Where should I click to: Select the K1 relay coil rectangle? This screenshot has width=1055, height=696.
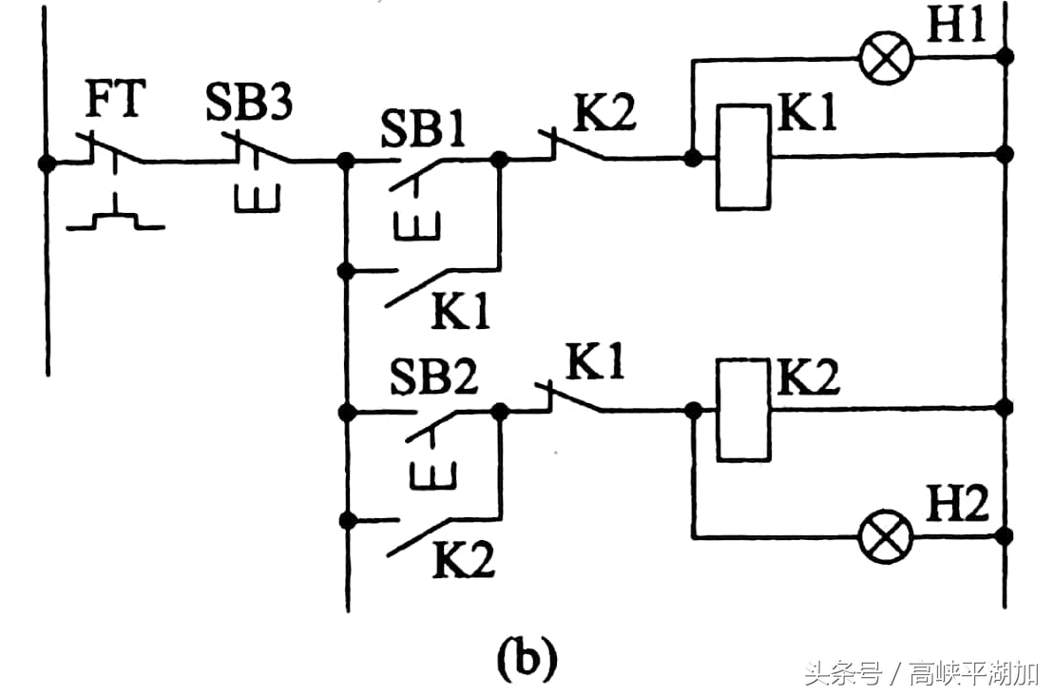[743, 157]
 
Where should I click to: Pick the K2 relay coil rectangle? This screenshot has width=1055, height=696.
[743, 410]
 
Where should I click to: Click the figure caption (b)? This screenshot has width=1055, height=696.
[525, 658]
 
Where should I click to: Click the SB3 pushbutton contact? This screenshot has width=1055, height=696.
[257, 152]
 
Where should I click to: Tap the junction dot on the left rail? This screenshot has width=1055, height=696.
[46, 163]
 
